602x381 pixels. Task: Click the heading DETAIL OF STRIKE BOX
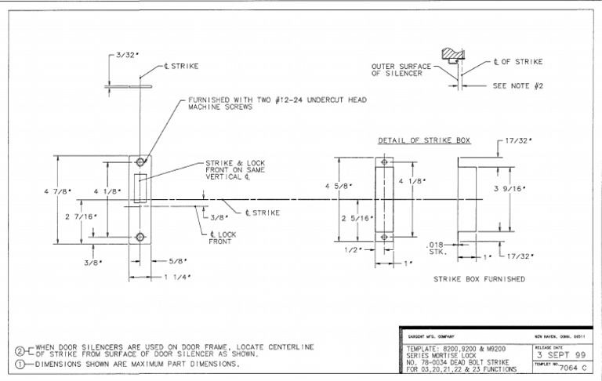pos(424,141)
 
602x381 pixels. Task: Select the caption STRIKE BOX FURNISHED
pos(479,278)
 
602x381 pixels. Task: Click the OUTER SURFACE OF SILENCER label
pos(397,70)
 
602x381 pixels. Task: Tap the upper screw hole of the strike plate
pos(140,162)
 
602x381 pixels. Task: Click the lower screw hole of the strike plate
pos(140,237)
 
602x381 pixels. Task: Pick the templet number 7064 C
pos(575,365)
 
